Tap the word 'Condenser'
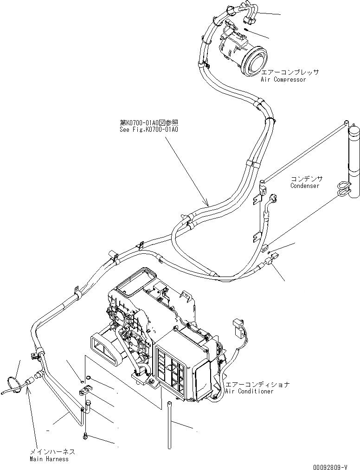click(x=305, y=186)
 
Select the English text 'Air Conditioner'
click(x=249, y=391)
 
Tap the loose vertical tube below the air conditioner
click(x=170, y=425)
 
